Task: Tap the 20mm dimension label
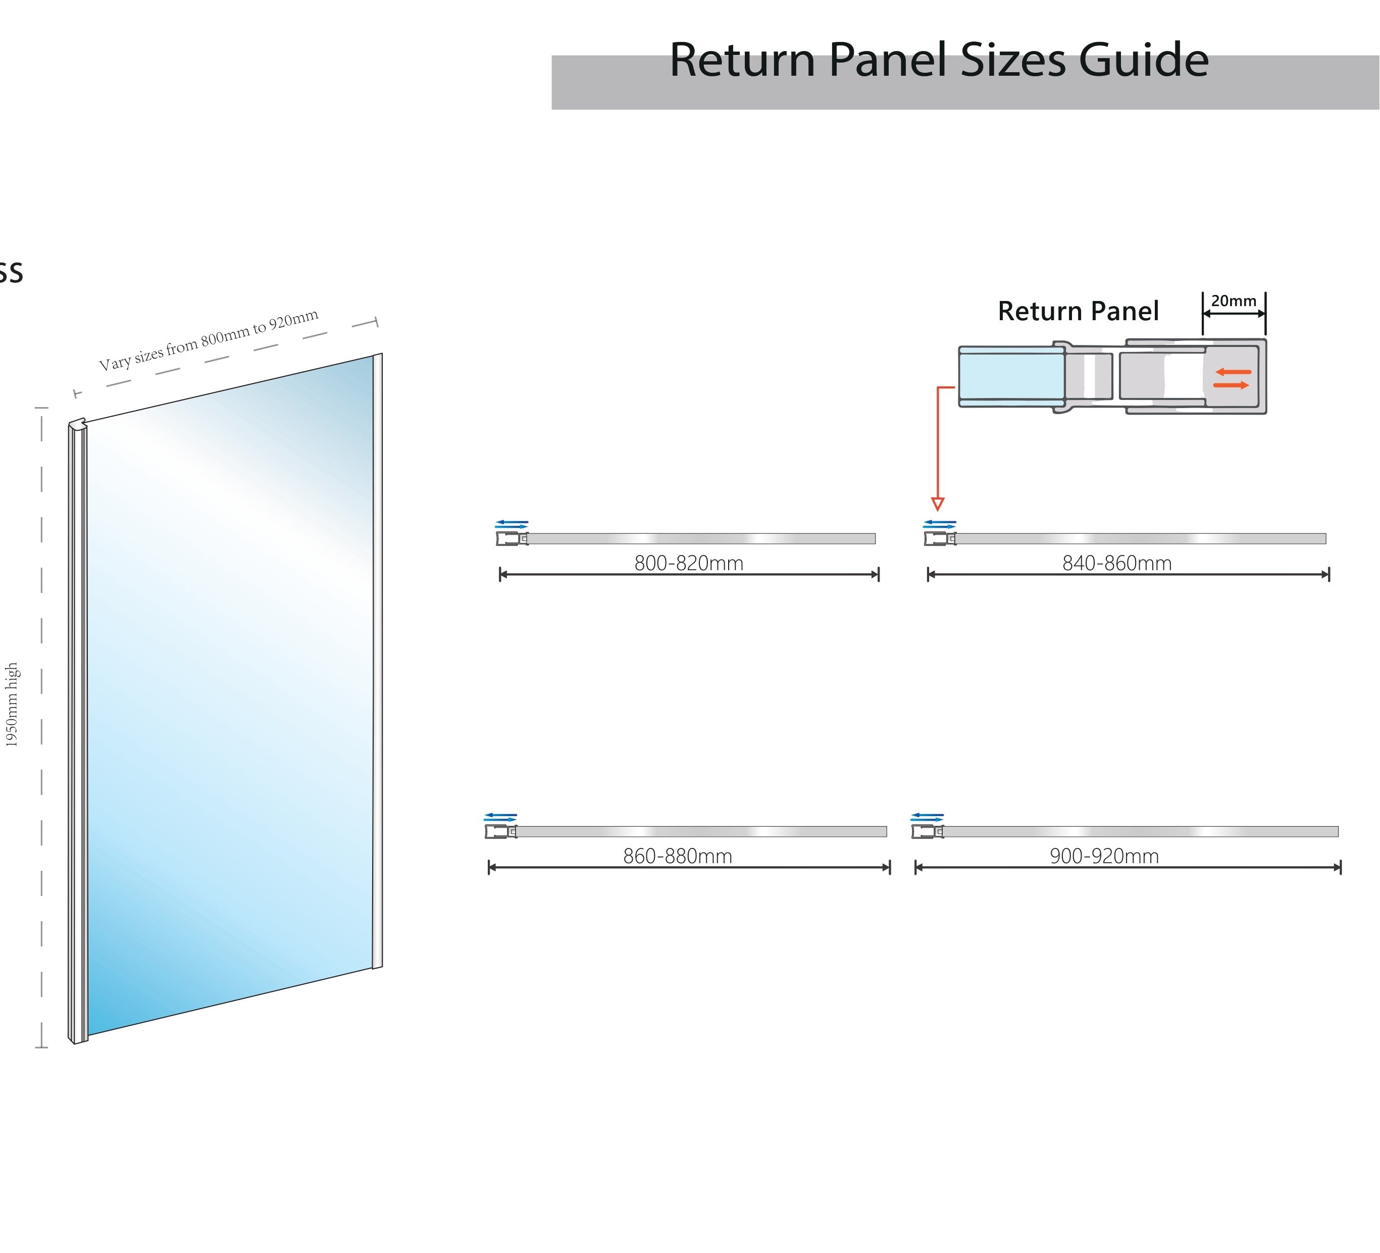[1234, 300]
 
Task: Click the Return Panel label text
[1078, 312]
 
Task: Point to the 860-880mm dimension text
[678, 857]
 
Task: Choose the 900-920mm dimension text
[1104, 857]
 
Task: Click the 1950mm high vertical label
[12, 705]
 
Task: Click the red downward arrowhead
[938, 505]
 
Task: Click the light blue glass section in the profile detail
[1011, 376]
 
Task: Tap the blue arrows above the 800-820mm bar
[512, 524]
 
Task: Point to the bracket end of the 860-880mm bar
[500, 831]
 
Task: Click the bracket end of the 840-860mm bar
[939, 539]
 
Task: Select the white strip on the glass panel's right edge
[377, 661]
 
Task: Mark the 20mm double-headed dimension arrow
[1234, 314]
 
